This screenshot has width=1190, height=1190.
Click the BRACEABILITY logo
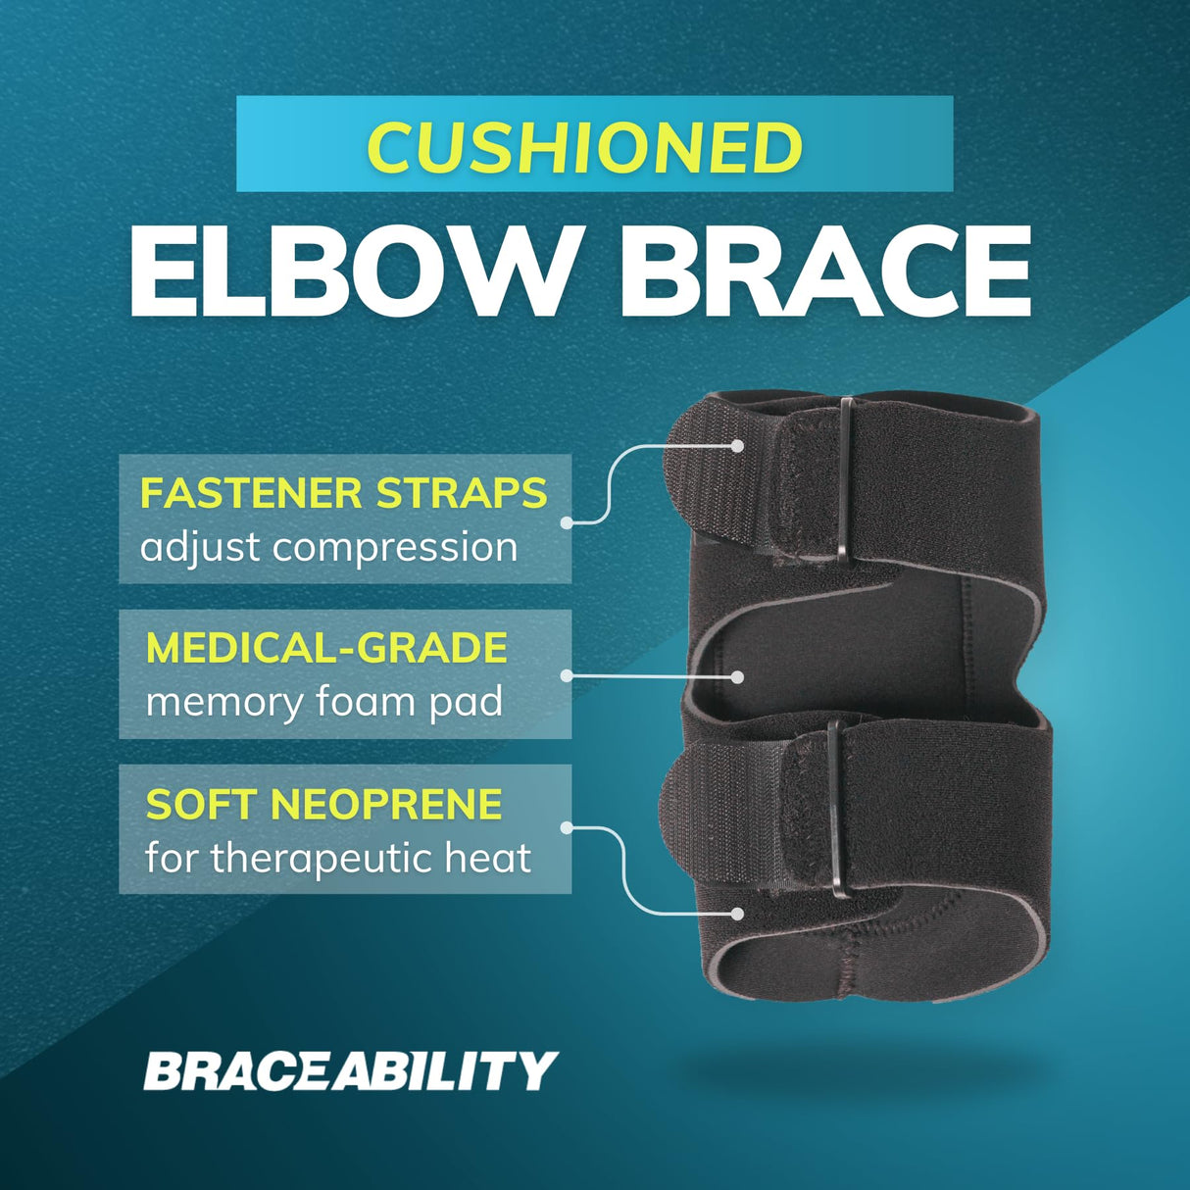click(x=350, y=1070)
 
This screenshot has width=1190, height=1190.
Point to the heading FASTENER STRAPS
click(x=343, y=492)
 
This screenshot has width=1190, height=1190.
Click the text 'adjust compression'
click(x=328, y=547)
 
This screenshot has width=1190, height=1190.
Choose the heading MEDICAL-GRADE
click(x=326, y=648)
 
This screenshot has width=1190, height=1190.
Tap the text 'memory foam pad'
click(x=323, y=702)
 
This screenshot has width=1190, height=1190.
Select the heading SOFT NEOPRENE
click(x=323, y=805)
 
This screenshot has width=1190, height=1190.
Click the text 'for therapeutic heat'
click(x=338, y=859)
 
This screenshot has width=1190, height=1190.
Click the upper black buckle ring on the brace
click(x=845, y=482)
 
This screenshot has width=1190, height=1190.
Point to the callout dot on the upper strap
click(x=738, y=445)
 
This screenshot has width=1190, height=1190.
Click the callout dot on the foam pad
click(x=738, y=676)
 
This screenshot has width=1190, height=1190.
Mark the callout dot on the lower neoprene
click(x=738, y=914)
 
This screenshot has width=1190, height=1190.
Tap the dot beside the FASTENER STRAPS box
click(x=567, y=522)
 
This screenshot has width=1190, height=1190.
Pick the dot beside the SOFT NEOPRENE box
click(x=567, y=829)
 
